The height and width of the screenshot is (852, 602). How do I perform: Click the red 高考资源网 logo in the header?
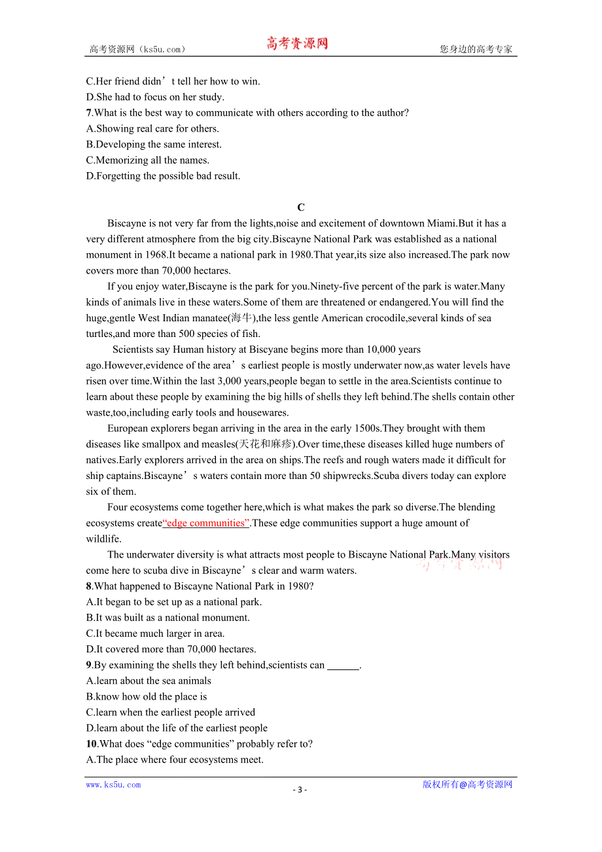(x=296, y=44)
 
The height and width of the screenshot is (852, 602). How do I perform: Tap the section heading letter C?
(x=301, y=207)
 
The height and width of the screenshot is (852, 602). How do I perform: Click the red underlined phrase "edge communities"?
(x=206, y=523)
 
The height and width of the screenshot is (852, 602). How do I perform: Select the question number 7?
(x=89, y=113)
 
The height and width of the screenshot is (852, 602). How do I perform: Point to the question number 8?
(x=89, y=586)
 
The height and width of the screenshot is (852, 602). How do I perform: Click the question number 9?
(x=89, y=665)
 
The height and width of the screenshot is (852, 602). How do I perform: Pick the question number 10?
(x=92, y=743)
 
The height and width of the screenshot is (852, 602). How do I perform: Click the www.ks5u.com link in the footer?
(x=113, y=785)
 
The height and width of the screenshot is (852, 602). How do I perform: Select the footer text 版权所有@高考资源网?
(x=467, y=785)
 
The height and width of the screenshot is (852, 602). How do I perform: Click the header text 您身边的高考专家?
(x=476, y=49)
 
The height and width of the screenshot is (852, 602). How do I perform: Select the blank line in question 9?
(x=343, y=666)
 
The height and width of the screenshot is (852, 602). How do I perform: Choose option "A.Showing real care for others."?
(x=152, y=128)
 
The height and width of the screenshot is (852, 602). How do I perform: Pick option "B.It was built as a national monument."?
(x=168, y=617)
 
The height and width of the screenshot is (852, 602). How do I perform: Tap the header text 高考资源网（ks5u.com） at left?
(x=137, y=49)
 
